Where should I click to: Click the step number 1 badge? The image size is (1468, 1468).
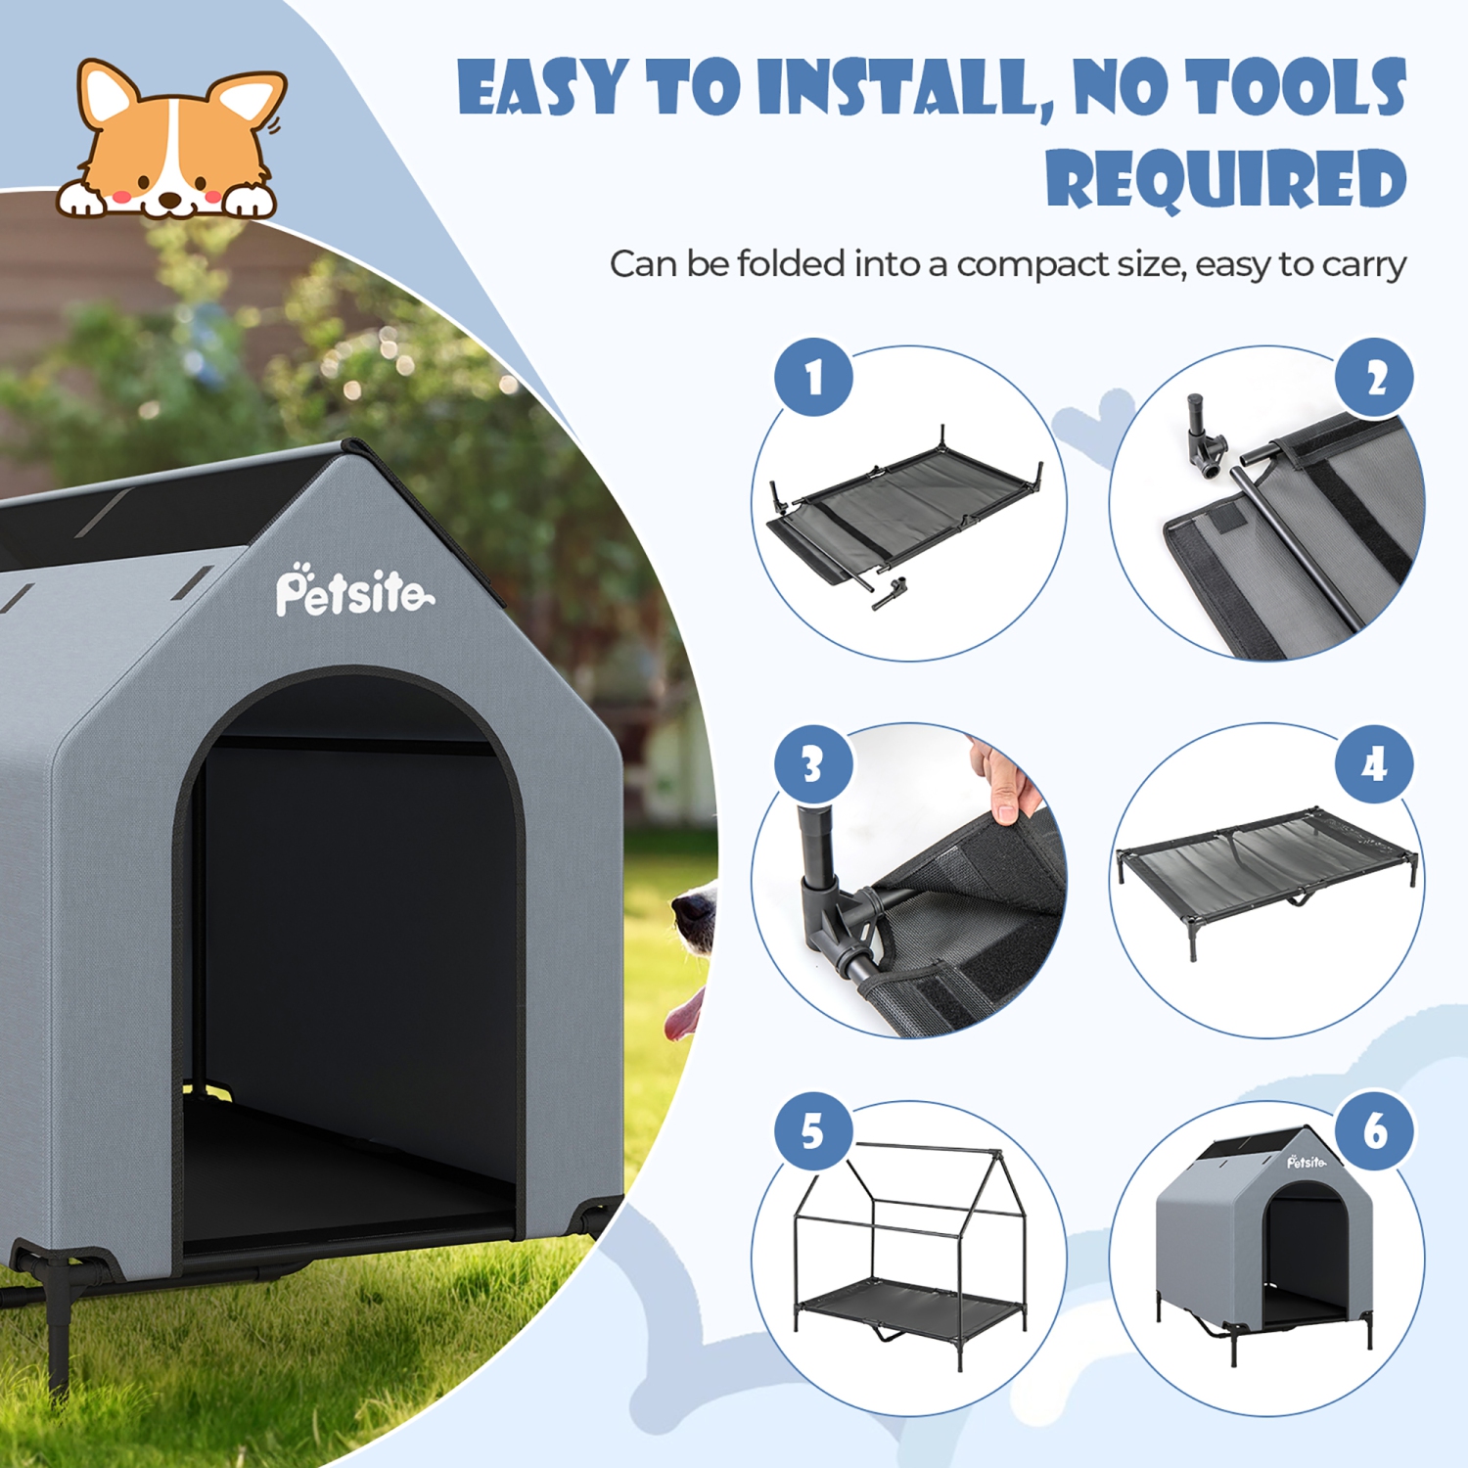[x=813, y=378]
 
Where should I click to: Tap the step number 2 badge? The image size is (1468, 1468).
[x=1375, y=378]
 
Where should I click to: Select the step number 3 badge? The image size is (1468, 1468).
[x=813, y=764]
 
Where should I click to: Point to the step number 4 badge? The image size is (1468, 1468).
[x=1375, y=764]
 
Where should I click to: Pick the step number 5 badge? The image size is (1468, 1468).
[x=813, y=1131]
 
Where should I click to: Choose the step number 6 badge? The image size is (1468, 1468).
[x=1375, y=1131]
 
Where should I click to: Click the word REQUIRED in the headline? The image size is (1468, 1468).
[x=1226, y=179]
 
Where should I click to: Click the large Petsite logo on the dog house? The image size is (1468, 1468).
[x=352, y=591]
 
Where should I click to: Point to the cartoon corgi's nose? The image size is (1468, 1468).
[x=170, y=198]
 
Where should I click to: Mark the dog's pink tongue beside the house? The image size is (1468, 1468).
[x=682, y=1018]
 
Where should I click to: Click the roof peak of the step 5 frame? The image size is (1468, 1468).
[x=996, y=1155]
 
